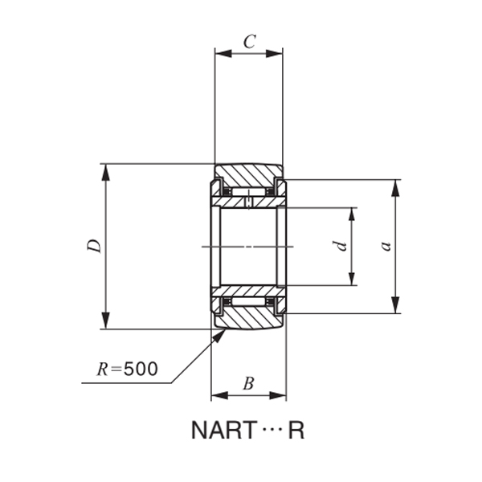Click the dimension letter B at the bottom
248,384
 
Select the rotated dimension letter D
95,247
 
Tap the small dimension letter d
341,246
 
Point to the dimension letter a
386,246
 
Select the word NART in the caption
222,431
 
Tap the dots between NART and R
269,431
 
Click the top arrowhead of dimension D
104,170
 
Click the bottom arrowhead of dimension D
104,322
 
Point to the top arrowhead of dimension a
395,187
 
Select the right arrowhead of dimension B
280,394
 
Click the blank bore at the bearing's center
248,246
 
